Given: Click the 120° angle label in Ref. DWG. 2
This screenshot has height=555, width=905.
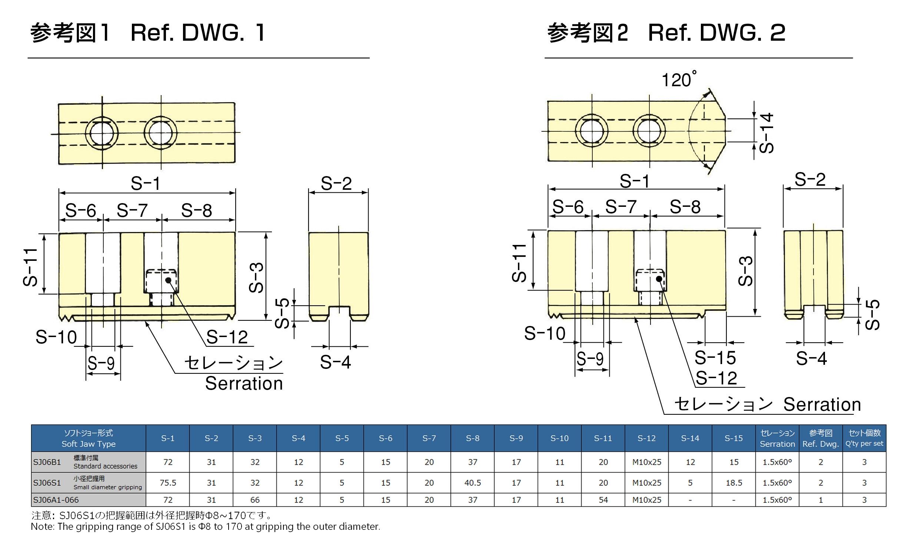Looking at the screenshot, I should [x=678, y=80].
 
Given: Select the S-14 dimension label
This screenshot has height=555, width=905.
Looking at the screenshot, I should [x=766, y=133].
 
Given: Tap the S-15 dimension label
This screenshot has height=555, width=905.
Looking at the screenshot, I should [x=715, y=358].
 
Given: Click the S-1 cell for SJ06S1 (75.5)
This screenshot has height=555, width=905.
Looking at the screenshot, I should [x=168, y=483].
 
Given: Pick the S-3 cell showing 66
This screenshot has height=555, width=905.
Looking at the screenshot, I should [x=255, y=500].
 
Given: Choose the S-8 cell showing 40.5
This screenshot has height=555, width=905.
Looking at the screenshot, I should [x=473, y=483].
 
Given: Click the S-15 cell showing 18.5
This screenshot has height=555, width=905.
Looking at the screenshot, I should [x=734, y=483].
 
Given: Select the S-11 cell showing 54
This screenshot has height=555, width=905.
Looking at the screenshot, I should [x=603, y=500].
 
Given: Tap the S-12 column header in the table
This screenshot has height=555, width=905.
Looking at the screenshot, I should [x=646, y=438].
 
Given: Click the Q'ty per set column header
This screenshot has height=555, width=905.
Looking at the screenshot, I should [x=864, y=438].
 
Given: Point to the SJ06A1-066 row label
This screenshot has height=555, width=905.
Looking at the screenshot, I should [x=56, y=500].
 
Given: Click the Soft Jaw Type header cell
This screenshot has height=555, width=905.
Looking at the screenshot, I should [x=89, y=438].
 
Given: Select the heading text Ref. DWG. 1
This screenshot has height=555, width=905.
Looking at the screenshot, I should [x=198, y=33].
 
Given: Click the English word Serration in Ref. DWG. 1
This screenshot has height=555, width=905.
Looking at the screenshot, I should [x=244, y=384].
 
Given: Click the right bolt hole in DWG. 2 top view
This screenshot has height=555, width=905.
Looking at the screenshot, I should [x=649, y=131].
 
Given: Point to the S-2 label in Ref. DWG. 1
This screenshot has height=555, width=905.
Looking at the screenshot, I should [x=336, y=184].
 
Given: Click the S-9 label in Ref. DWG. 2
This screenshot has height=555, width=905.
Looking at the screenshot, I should [x=590, y=359].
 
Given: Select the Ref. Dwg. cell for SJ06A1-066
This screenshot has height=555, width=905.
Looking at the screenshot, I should [x=821, y=500].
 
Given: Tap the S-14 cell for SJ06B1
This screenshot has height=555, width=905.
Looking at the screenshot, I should [x=690, y=462].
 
